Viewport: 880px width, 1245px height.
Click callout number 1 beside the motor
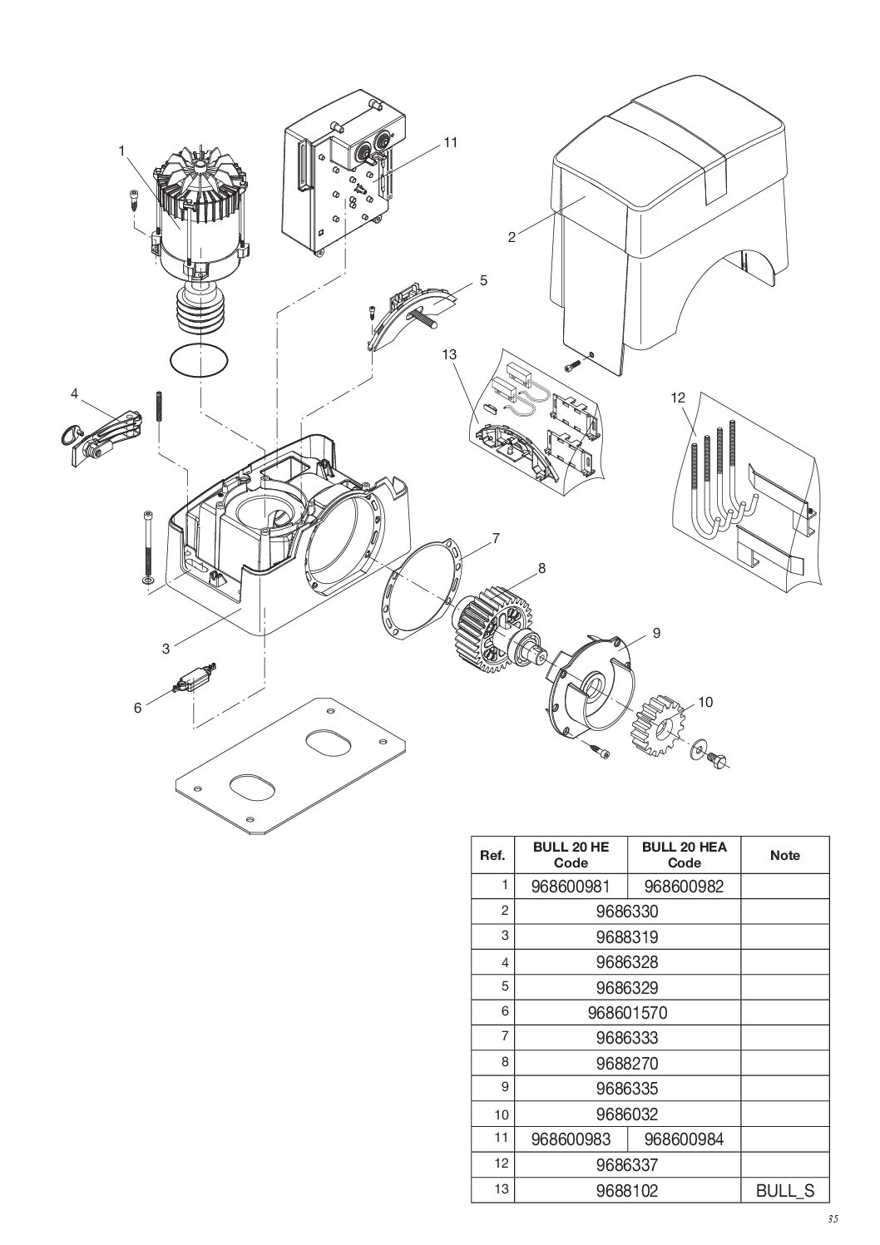(x=121, y=151)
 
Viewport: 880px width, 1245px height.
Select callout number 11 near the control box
(x=450, y=142)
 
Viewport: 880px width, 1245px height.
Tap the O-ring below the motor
(x=200, y=361)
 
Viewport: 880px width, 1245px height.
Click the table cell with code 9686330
(x=627, y=912)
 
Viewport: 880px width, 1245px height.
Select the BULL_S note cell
(x=784, y=1190)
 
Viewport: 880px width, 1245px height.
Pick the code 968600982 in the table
(x=684, y=887)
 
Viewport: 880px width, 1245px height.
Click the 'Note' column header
(x=784, y=855)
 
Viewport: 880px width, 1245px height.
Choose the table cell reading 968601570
(x=627, y=1012)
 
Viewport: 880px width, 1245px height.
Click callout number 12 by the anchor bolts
(x=677, y=398)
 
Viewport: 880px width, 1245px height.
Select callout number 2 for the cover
(x=512, y=238)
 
